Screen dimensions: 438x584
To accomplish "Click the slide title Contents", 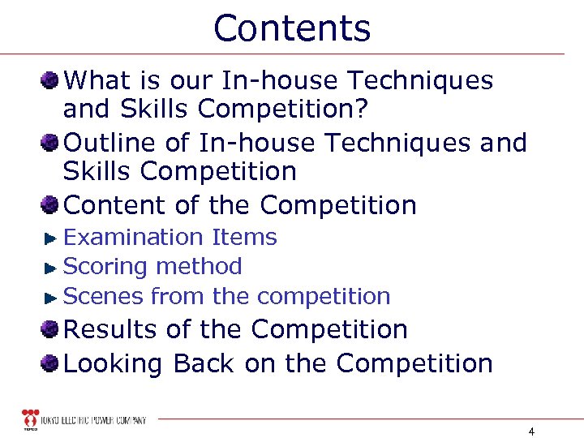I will (292, 28).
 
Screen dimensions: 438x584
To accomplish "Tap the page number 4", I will (530, 431).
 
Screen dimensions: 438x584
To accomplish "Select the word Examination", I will (133, 238).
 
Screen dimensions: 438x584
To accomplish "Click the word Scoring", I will (105, 266).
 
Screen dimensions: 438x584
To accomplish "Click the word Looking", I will (114, 364).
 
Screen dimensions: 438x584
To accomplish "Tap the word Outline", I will (109, 143).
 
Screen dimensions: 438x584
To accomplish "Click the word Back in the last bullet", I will (205, 363).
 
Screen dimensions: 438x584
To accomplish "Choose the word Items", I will (244, 238).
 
